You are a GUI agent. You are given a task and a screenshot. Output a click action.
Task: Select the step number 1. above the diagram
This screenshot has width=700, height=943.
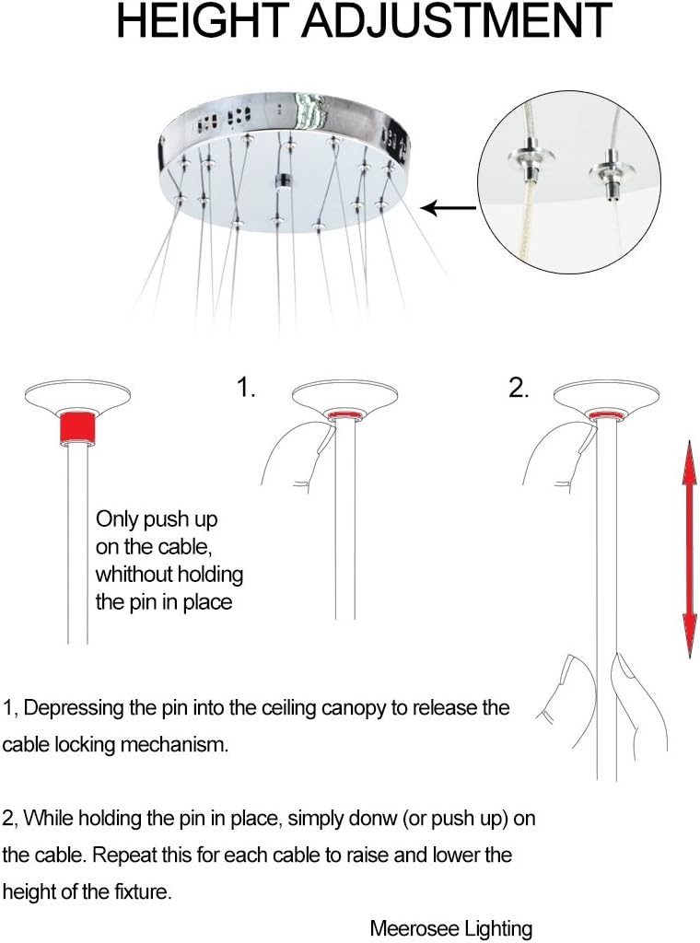246,389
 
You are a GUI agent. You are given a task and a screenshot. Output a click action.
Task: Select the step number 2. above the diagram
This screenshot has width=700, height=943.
519,389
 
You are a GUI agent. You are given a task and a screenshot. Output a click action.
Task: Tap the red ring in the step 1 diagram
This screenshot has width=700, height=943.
344,416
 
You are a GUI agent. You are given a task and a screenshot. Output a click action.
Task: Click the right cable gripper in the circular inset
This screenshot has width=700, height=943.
608,170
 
